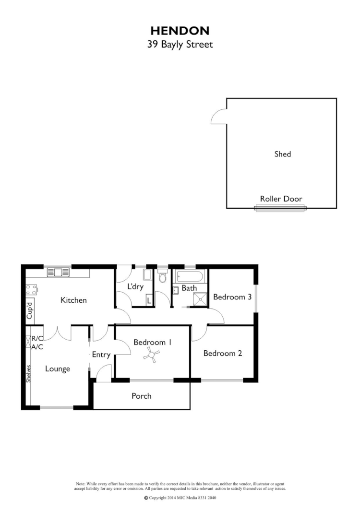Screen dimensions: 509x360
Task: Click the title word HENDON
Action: pos(180,31)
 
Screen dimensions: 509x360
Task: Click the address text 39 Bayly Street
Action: pos(180,45)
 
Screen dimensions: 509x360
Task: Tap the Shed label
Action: pos(283,154)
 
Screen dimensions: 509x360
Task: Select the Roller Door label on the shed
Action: pos(281,199)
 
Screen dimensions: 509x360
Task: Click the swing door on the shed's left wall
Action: pos(219,117)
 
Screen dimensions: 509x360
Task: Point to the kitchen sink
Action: pos(58,272)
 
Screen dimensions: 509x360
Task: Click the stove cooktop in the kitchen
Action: pos(32,289)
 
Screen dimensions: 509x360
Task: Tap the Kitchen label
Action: pos(73,300)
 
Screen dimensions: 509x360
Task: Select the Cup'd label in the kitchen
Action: pos(29,311)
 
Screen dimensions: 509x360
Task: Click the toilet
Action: pos(162,277)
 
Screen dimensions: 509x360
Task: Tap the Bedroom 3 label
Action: pos(232,297)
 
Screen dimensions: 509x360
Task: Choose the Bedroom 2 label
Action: pos(223,354)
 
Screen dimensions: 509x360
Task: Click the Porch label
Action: pos(141,396)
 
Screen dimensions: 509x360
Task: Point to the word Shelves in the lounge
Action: pos(29,374)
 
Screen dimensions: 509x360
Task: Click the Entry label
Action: pos(101,355)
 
